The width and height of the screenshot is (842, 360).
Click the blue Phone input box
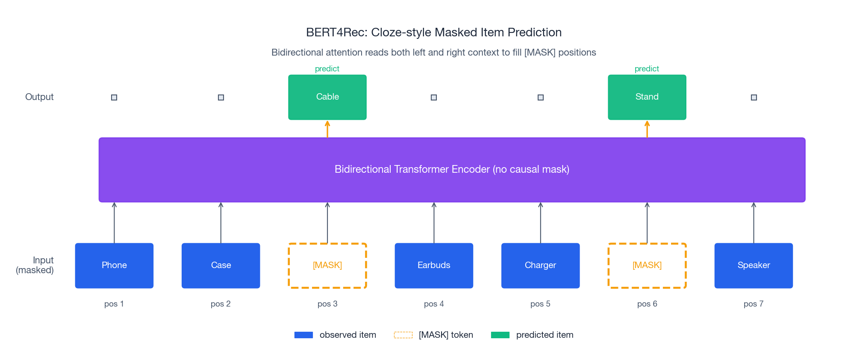pos(114,266)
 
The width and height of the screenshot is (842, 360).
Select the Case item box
pos(221,266)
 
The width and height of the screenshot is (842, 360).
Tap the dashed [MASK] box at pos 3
pos(327,266)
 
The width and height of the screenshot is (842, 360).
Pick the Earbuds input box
pos(434,266)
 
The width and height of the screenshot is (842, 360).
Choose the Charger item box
pos(540,266)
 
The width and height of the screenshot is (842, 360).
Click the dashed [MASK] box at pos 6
pos(647,266)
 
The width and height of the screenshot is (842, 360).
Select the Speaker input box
pos(754,266)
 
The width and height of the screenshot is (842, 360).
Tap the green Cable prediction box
pos(327,97)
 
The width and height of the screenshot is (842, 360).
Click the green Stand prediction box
pos(647,97)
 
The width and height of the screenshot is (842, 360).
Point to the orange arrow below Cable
pos(327,129)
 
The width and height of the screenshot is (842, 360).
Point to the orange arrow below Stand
pos(647,129)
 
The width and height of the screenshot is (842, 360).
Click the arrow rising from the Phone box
pos(114,222)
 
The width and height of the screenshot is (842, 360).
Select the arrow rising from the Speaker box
pos(754,222)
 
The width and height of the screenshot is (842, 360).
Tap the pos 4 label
pos(434,304)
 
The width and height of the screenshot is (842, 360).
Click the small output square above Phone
pos(114,97)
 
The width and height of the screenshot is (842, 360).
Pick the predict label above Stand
pos(647,69)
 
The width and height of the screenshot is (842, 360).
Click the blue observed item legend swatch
pos(303,335)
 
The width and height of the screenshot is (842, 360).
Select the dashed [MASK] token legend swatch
pos(403,335)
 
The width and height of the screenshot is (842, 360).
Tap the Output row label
pos(39,97)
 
